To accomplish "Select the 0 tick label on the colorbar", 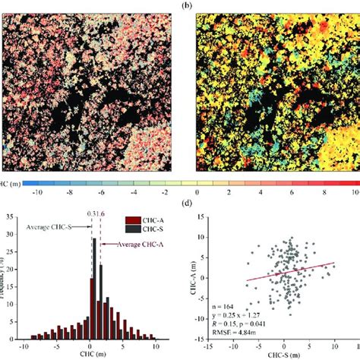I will (197, 194).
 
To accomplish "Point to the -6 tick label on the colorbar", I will (99, 194).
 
